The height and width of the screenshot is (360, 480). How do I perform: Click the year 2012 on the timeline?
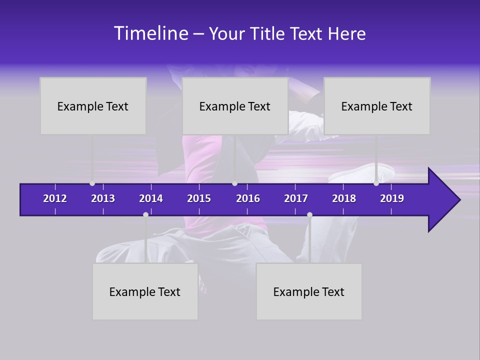(55, 198)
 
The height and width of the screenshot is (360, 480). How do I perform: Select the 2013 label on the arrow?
(103, 198)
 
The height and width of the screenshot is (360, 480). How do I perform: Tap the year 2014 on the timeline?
(151, 198)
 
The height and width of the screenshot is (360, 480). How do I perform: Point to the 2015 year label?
(199, 198)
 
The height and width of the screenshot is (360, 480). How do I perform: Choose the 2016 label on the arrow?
(248, 198)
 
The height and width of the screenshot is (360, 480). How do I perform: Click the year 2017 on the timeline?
(296, 198)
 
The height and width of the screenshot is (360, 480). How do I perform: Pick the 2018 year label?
(344, 198)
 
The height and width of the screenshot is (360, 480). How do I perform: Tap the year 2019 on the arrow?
(392, 198)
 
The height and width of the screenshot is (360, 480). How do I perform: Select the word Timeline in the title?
(150, 33)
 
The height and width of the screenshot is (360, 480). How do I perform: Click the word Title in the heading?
(268, 34)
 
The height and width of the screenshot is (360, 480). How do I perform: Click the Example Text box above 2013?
(93, 106)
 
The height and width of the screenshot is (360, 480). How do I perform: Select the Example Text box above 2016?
(235, 106)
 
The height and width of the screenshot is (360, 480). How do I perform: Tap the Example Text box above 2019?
(377, 106)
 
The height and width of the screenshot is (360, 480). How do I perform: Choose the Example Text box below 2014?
(145, 291)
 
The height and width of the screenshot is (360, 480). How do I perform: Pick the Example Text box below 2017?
(309, 291)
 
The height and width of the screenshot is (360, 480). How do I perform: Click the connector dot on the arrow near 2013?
(92, 183)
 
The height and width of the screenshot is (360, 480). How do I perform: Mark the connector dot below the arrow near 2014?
(145, 214)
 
